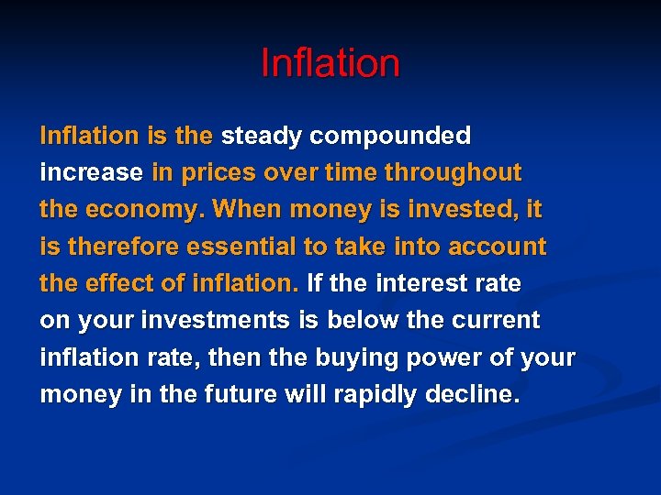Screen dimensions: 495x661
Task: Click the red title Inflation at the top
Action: tap(330, 63)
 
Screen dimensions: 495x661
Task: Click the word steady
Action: tap(262, 137)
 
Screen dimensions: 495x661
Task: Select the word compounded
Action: tap(390, 137)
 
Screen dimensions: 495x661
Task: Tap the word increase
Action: tap(91, 172)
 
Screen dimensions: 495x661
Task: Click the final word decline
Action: tap(474, 395)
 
